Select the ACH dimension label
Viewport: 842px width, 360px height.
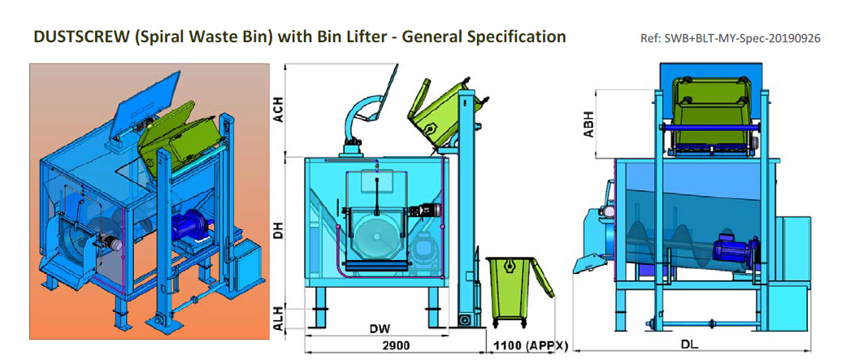point(278,107)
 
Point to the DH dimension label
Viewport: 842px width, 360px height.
point(278,229)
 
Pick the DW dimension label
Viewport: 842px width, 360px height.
point(379,329)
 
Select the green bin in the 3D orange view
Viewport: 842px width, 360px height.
point(180,137)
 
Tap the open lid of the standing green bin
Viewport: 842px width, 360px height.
point(544,281)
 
